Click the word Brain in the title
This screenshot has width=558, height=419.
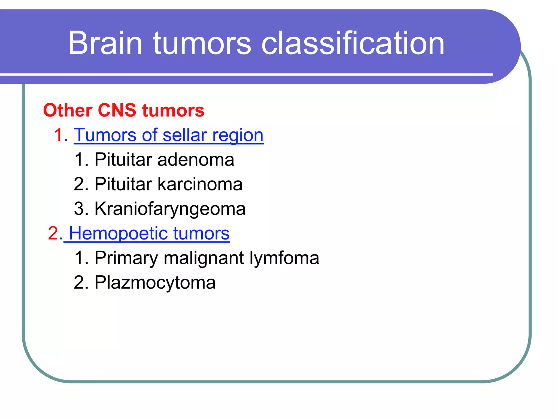(105, 43)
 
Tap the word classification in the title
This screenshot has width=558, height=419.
(353, 43)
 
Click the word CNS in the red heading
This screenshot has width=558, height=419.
(117, 110)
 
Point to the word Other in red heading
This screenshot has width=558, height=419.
(68, 110)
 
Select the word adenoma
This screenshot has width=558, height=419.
(196, 160)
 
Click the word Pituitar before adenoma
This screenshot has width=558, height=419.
(123, 160)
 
